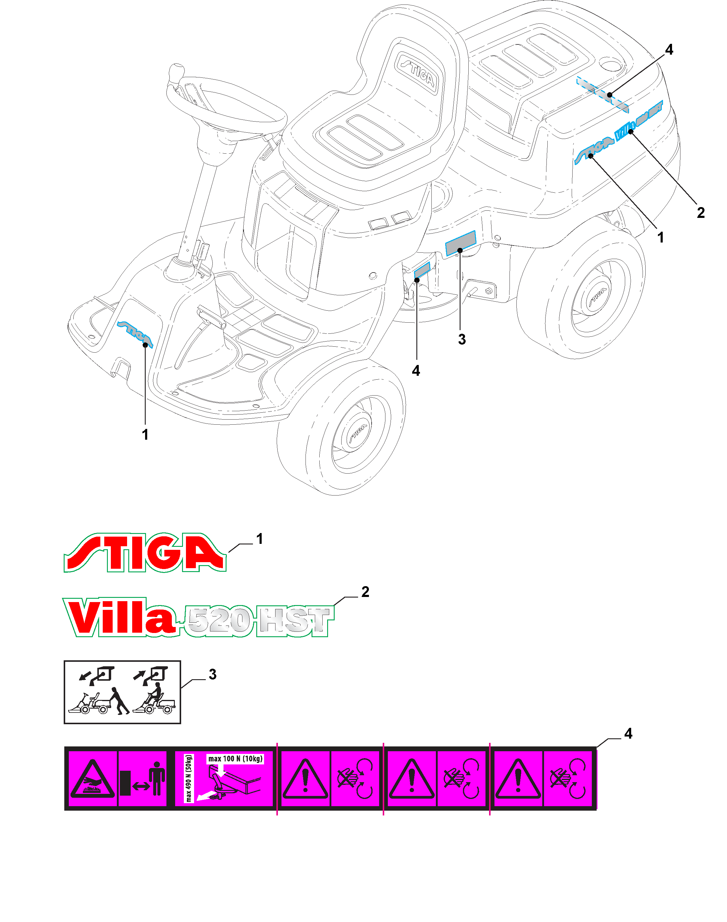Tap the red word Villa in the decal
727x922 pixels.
121,617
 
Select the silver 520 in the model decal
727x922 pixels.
220,621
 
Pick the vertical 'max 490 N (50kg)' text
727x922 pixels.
189,778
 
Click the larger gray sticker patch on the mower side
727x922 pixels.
460,243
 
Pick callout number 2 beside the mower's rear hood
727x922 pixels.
701,212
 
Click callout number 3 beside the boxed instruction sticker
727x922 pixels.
212,674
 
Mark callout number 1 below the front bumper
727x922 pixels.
145,434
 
